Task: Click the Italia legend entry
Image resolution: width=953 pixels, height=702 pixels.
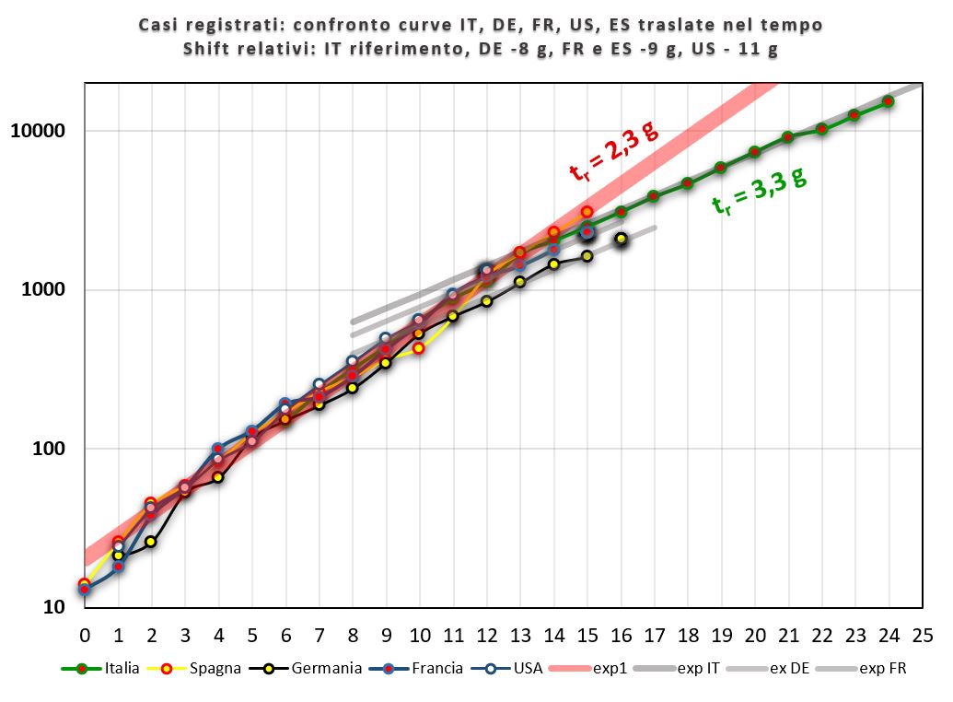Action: click(101, 668)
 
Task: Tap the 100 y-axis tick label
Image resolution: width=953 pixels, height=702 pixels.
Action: click(51, 450)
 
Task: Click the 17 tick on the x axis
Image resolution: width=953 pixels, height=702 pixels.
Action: click(654, 635)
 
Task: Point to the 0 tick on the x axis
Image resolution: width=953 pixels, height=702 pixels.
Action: click(85, 635)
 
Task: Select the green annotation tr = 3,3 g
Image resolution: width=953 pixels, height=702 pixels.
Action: click(760, 192)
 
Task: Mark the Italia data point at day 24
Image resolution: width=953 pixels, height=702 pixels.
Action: click(889, 101)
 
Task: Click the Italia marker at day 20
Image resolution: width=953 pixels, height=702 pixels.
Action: click(754, 152)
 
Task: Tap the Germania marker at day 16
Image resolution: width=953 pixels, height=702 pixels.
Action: click(621, 239)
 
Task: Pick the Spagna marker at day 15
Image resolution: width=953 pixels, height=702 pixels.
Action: click(587, 212)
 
